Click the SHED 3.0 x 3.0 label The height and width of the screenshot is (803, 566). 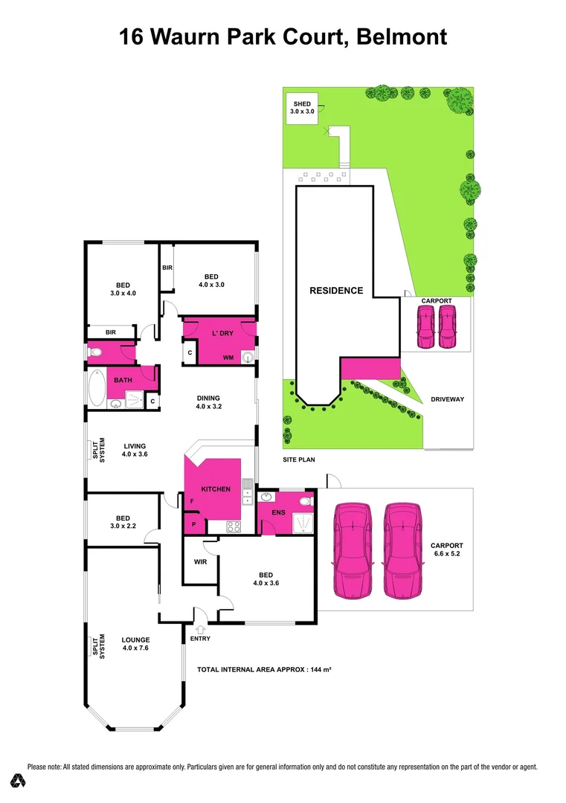301,107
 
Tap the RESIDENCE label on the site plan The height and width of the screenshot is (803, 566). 336,291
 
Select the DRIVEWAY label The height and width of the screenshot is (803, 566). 447,400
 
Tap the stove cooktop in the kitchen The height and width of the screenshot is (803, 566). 232,527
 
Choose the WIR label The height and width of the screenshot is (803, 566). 200,562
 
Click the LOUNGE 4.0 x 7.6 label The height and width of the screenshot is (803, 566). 136,644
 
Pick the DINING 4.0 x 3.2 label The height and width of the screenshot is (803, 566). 208,402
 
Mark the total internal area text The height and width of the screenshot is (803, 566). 263,670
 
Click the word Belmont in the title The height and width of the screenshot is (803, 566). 402,36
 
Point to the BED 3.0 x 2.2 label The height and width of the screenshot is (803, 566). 123,523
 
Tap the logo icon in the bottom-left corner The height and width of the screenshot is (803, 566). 19,781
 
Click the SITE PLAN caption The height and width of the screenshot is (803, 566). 298,460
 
